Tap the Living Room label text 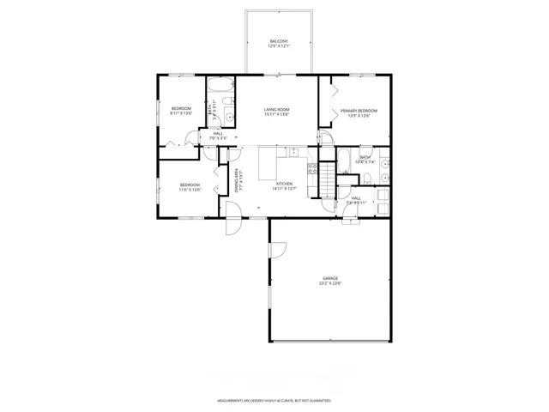(276, 112)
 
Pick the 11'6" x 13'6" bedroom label (190, 187)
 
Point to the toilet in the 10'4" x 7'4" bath (366, 179)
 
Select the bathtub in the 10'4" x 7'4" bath (342, 156)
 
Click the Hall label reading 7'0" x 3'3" (217, 136)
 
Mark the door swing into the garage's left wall (277, 251)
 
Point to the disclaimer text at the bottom (274, 400)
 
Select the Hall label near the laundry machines (356, 201)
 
